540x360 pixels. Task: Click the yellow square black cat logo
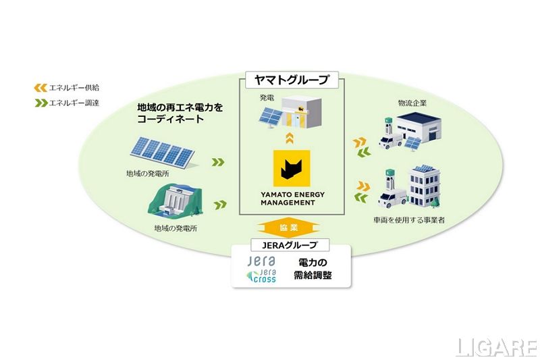pos(290,168)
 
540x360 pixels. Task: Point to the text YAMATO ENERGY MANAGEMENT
pos(290,195)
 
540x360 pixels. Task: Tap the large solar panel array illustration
pos(162,153)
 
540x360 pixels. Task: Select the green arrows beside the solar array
pos(217,162)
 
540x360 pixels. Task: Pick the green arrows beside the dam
pos(219,203)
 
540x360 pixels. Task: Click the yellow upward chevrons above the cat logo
pos(290,140)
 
